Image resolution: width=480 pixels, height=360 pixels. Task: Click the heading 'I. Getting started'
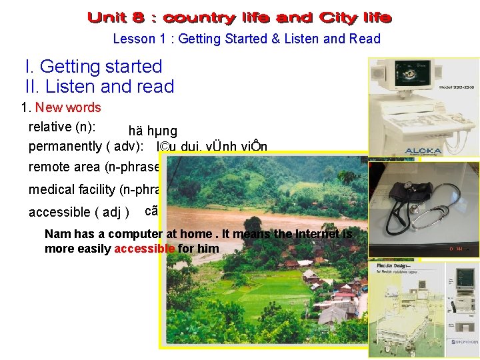coord(93,67)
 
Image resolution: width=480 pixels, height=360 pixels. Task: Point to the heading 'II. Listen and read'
coord(99,87)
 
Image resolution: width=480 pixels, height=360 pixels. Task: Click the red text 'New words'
coord(68,107)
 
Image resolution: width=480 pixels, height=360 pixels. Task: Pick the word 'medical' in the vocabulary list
coord(49,190)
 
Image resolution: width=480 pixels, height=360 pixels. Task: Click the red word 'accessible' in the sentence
coord(145,249)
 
